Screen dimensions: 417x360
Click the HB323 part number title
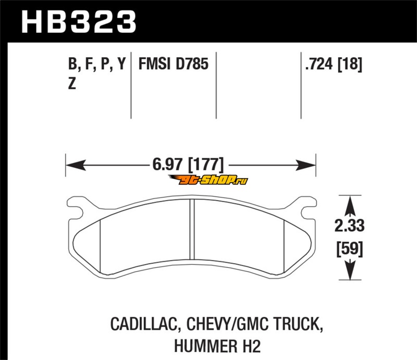79,21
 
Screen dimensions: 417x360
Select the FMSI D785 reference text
174,64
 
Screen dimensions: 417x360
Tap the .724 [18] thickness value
334,65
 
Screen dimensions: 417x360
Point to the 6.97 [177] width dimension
188,165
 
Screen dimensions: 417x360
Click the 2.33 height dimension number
349,226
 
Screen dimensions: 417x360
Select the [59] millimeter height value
349,249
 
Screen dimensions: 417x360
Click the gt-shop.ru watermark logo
208,180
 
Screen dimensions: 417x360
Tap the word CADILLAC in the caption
144,325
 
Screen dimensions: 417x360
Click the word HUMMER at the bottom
205,346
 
